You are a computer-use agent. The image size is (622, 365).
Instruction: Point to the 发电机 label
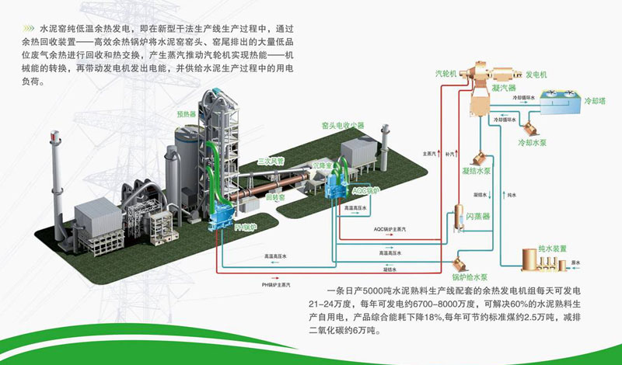tap(536, 74)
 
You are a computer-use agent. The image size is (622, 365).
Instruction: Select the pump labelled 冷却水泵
tap(532, 122)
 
